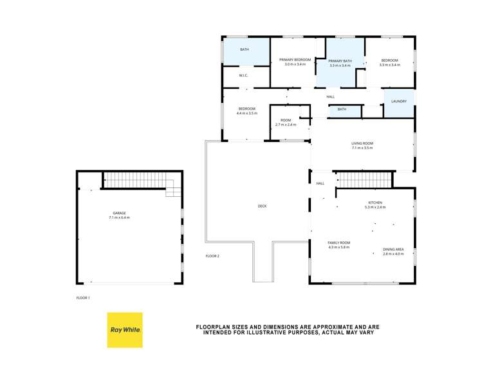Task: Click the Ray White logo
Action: pos(125,330)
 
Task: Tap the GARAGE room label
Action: pos(119,213)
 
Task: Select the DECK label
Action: pos(262,206)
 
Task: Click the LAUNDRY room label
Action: pos(398,102)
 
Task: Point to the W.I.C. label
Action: pos(244,76)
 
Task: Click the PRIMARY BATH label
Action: pos(340,61)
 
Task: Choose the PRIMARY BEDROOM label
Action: pos(295,60)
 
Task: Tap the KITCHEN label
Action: pos(375,203)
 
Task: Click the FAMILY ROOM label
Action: pos(338,242)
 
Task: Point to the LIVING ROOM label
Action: pos(362,143)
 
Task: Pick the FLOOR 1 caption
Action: pos(83,298)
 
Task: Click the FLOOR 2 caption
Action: pos(212,256)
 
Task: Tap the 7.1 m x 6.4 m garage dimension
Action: pos(119,218)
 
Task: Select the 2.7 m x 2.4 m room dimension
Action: pos(286,125)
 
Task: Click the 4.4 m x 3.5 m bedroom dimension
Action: pos(246,113)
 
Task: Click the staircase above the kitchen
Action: pos(365,179)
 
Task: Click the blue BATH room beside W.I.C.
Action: pos(245,51)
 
